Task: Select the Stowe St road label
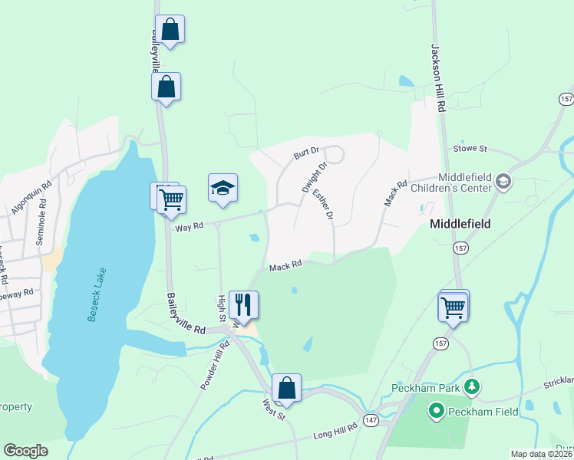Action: coord(472,148)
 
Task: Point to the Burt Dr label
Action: coord(305,153)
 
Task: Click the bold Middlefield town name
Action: coord(460,225)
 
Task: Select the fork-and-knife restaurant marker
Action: coord(243,304)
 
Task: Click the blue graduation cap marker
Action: coord(223,188)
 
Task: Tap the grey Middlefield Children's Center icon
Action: coord(503,182)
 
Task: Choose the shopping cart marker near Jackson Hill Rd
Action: coord(454,307)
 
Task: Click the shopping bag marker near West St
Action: coord(286,388)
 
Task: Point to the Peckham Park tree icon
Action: coord(473,388)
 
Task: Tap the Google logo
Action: coord(25,451)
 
